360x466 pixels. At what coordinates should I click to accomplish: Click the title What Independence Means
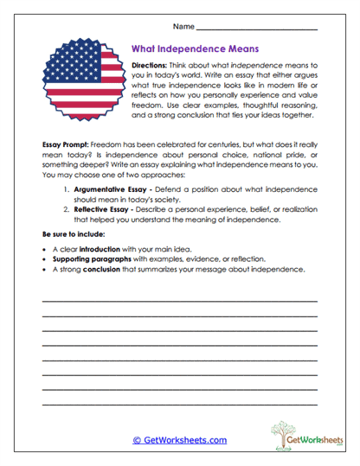point(195,49)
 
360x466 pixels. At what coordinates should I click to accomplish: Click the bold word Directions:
point(155,66)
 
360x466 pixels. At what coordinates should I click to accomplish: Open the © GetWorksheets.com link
point(179,440)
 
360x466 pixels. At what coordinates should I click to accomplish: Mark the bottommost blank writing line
point(179,405)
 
